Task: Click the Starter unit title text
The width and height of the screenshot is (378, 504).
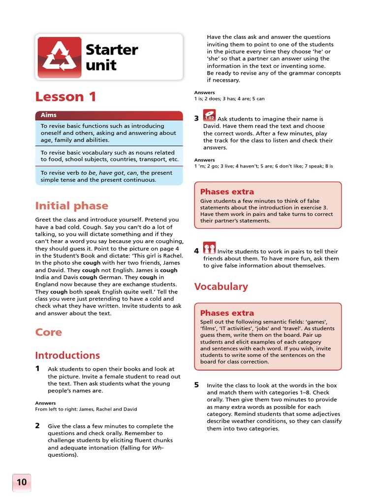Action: click(112, 57)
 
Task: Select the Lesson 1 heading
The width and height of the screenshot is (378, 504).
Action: click(65, 96)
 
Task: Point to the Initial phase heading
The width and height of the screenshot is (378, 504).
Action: click(71, 206)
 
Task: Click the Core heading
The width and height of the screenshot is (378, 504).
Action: click(48, 332)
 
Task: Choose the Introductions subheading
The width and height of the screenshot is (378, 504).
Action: click(67, 355)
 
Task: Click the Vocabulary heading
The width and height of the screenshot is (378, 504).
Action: click(220, 286)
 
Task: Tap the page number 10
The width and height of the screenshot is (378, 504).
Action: click(22, 482)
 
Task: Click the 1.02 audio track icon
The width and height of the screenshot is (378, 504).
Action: click(209, 117)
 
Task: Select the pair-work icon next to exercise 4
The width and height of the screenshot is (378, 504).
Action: click(210, 249)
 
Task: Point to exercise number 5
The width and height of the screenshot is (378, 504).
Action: click(196, 385)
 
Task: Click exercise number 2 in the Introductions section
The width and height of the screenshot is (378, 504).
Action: click(37, 426)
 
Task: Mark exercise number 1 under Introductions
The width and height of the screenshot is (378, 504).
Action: click(37, 369)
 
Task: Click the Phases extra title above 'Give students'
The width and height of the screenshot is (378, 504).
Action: click(227, 191)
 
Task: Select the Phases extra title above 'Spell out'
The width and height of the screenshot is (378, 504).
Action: click(227, 313)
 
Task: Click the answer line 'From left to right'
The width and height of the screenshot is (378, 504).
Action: click(86, 409)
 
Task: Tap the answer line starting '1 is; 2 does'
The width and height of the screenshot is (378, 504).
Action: click(229, 98)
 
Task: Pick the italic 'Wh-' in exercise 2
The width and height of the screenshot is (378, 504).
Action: click(158, 448)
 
